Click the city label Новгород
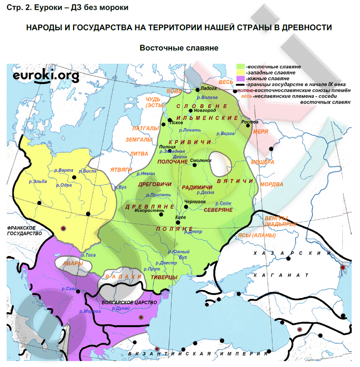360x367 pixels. tap(204, 110)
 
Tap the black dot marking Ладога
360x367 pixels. tap(198, 89)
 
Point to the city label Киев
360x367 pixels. tap(180, 218)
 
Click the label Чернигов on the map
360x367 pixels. tap(194, 202)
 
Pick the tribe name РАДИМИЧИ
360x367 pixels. tap(197, 187)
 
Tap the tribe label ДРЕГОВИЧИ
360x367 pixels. tap(155, 184)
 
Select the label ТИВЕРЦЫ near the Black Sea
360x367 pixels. tap(164, 277)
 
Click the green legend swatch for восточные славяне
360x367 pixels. tap(240, 67)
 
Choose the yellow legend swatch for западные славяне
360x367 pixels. tap(240, 72)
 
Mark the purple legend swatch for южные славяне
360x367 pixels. tap(240, 78)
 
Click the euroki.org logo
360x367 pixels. tap(46, 76)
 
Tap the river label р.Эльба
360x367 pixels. tap(38, 182)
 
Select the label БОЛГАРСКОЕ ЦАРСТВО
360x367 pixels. tap(129, 303)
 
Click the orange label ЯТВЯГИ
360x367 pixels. tap(121, 170)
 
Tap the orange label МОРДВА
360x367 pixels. tap(271, 184)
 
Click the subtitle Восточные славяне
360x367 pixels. tap(179, 48)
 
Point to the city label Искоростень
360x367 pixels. tap(149, 210)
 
